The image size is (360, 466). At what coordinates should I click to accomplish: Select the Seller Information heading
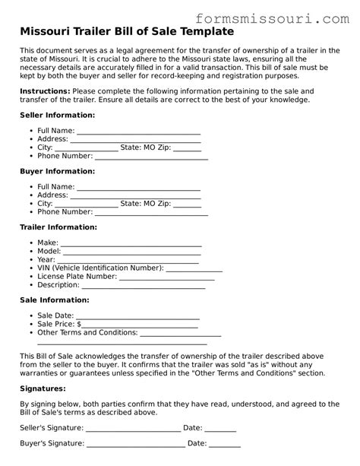(x=57, y=115)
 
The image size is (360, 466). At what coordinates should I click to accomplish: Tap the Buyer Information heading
(x=57, y=171)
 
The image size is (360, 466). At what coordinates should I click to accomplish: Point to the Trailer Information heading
(x=58, y=227)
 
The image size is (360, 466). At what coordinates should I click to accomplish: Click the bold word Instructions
(x=45, y=90)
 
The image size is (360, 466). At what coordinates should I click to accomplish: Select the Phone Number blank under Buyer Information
(x=150, y=214)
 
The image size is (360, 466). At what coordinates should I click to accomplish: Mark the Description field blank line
(x=144, y=287)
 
